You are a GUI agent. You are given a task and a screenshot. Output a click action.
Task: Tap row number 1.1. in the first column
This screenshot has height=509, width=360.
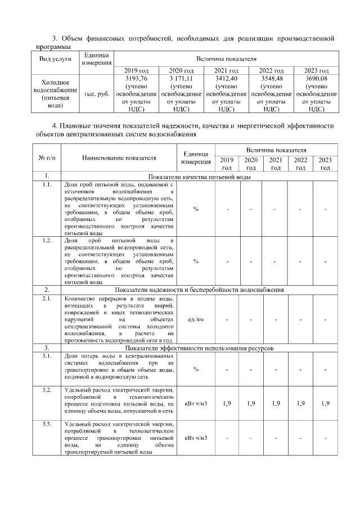[x=47, y=184]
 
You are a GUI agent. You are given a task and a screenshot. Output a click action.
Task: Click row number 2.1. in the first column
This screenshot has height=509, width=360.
[x=47, y=299]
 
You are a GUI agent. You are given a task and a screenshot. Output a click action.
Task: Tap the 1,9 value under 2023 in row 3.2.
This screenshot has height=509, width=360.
[x=325, y=403]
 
